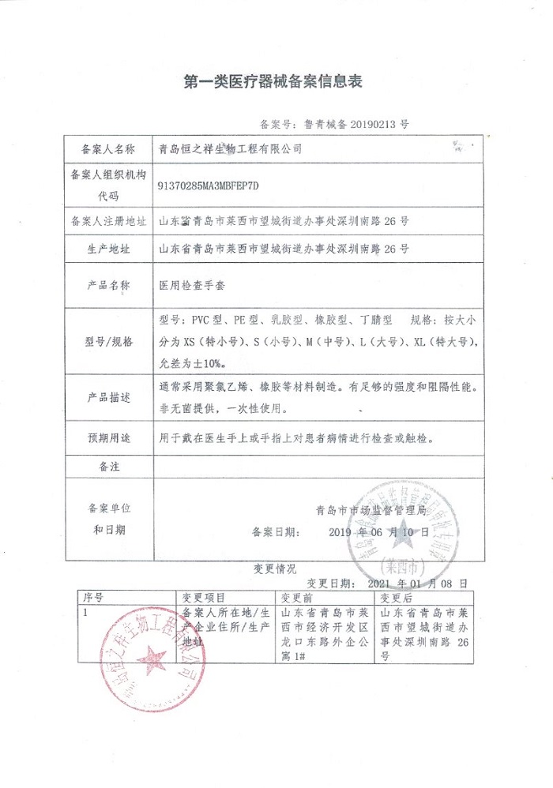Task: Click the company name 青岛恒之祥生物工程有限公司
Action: (231, 148)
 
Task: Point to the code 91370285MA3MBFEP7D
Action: (208, 186)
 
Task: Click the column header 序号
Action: (93, 598)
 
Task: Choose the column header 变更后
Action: (397, 598)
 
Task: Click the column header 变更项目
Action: (204, 598)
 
